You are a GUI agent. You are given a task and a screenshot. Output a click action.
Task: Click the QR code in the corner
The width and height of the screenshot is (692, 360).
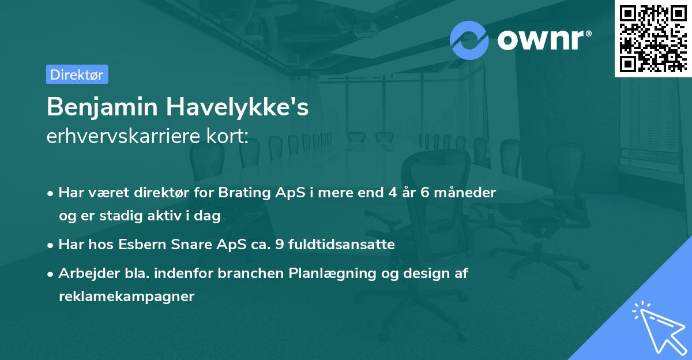(x=653, y=38)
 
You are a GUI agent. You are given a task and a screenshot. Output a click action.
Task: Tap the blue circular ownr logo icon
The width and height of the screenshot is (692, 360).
(x=469, y=40)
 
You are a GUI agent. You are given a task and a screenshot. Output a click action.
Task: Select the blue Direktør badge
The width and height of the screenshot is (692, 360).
(x=77, y=74)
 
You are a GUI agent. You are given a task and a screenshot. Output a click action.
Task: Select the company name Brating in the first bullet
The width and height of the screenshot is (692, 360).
(x=241, y=192)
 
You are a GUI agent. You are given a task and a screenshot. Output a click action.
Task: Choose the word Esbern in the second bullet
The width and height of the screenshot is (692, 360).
(x=138, y=245)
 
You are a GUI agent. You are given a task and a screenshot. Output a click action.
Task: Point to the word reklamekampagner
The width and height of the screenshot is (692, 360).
(x=126, y=297)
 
